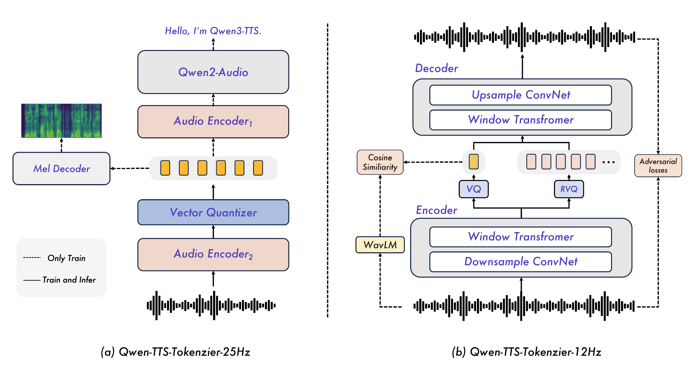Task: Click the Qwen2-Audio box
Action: coord(213,72)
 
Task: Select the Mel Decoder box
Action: coord(61,169)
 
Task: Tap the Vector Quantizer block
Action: coord(213,212)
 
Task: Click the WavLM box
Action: coord(380,245)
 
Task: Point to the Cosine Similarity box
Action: coord(380,162)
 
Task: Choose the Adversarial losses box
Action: coord(658,166)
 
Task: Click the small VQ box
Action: coord(473,189)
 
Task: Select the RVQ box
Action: coord(569,189)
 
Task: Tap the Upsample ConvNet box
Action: coord(520,95)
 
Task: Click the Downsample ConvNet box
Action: coord(520,262)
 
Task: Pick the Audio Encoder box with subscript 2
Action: coord(213,254)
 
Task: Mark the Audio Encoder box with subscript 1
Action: coord(213,121)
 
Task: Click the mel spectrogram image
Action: coord(61,121)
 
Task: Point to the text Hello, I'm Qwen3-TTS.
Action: coord(213,31)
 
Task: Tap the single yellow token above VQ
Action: coord(473,162)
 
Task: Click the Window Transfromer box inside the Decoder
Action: coord(520,120)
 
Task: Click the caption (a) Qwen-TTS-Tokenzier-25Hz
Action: coord(176,352)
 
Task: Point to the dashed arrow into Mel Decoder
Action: coord(130,169)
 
